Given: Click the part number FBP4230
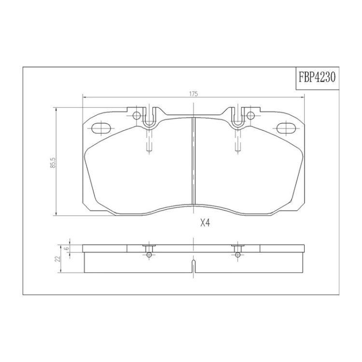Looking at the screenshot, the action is [317, 77].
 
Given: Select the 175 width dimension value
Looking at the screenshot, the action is [194, 94].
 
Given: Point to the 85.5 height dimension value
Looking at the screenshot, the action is [53, 163].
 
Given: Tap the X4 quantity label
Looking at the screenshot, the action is [205, 223].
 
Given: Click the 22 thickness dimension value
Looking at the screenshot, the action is [58, 259].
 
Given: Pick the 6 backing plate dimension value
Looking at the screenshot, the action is [66, 249].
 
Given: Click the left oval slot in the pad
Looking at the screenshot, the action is [101, 128].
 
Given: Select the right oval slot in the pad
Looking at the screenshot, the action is [286, 128].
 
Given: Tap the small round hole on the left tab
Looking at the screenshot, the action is [137, 115].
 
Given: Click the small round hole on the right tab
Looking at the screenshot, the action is [251, 115].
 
